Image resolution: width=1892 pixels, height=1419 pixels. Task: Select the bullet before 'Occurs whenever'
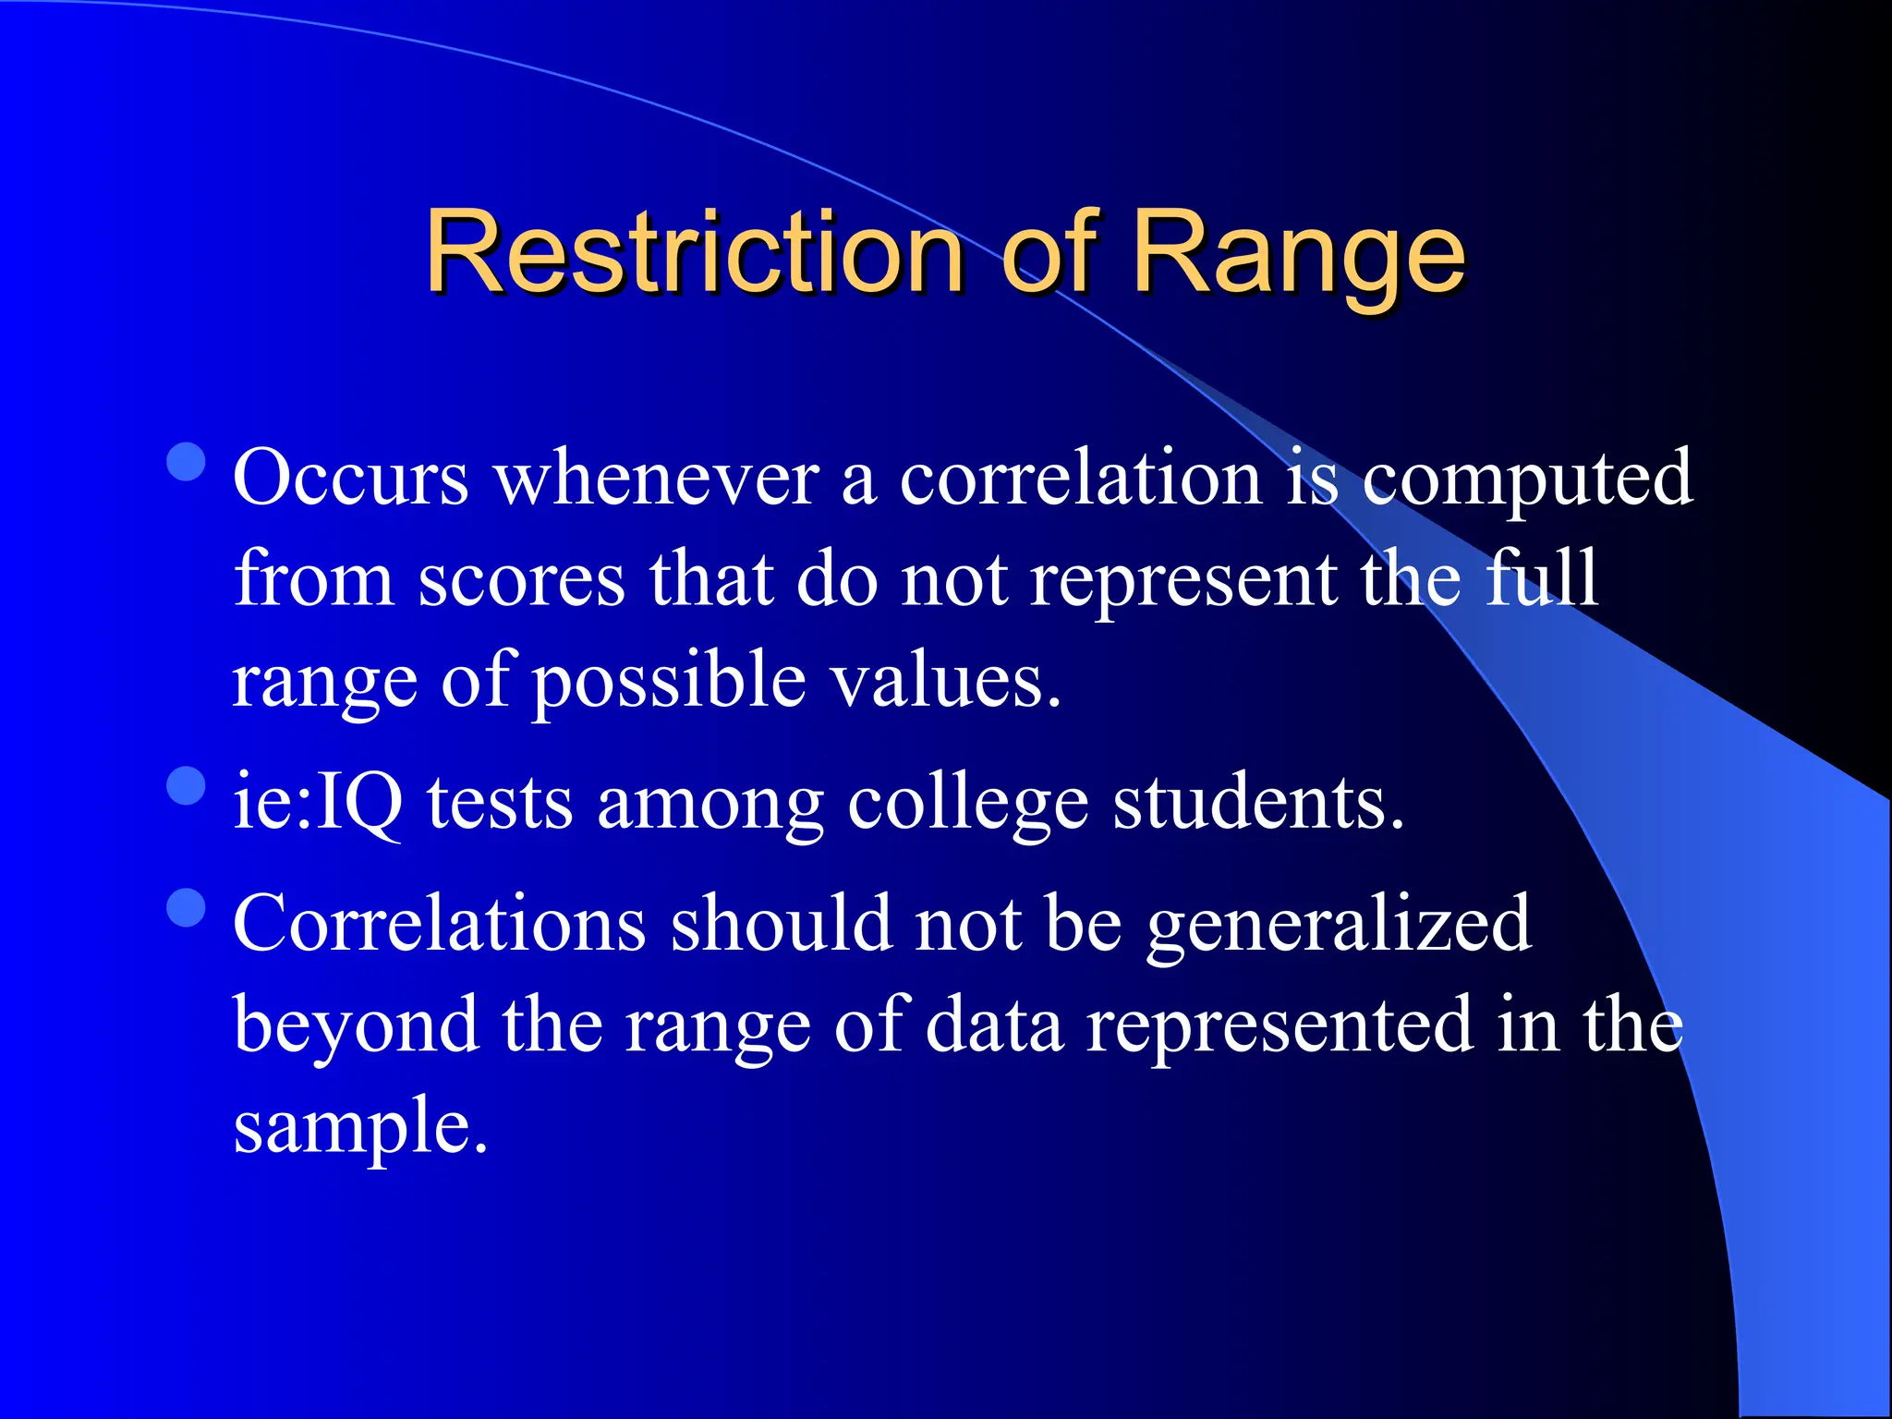(187, 462)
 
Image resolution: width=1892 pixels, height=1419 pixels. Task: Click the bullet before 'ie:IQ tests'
(187, 786)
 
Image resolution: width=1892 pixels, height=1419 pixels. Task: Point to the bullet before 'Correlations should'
(187, 907)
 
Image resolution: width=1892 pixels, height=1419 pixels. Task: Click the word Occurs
(351, 479)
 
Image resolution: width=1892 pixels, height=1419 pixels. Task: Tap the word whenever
(657, 479)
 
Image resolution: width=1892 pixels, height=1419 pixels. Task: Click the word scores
(521, 580)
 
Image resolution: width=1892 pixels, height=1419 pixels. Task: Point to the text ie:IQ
(318, 802)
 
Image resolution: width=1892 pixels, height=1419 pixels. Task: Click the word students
(1257, 802)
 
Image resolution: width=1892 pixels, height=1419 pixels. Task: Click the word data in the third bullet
(994, 1025)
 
